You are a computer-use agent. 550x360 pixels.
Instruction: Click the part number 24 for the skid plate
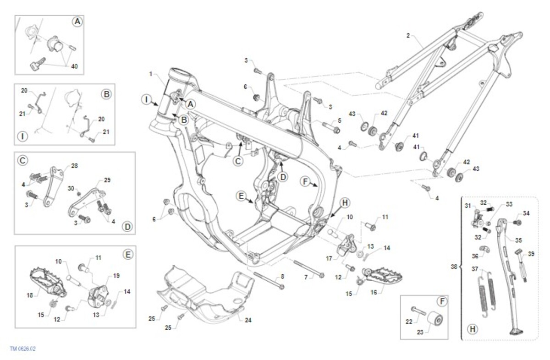[x=247, y=320]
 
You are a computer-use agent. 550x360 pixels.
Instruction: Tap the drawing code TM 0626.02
[x=22, y=349]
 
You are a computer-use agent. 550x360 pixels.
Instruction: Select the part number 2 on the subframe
[x=407, y=35]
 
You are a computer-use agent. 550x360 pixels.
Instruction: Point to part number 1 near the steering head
[x=150, y=74]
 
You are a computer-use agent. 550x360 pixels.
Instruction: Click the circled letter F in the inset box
[x=441, y=302]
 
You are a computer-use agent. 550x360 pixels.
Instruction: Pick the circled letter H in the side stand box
[x=471, y=328]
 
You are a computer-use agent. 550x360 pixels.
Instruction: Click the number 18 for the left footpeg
[x=30, y=295]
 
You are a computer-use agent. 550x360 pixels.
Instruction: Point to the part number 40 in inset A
[x=74, y=66]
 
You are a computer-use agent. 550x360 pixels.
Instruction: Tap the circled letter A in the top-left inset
[x=77, y=22]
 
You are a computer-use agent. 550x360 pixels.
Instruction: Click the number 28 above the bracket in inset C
[x=74, y=165]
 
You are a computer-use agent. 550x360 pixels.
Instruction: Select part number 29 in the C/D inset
[x=108, y=180]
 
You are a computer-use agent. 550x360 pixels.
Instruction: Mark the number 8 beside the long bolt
[x=282, y=276]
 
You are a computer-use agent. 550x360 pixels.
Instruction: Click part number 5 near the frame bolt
[x=339, y=120]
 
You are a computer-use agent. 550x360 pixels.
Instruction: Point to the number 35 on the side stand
[x=518, y=240]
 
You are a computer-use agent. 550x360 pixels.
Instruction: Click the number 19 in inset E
[x=116, y=276]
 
